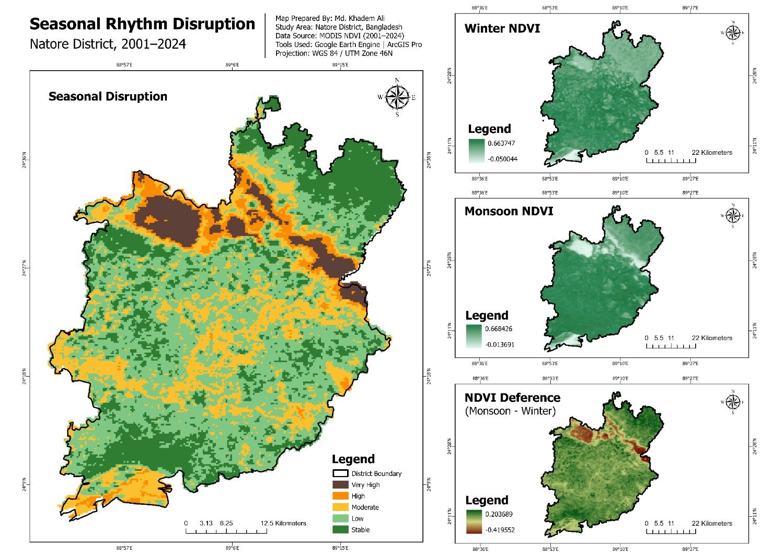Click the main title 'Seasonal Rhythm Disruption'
(x=142, y=25)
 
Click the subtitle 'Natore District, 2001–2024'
(x=108, y=44)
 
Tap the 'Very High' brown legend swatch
(x=340, y=485)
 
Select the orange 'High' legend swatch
(x=340, y=496)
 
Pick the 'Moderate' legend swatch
(x=340, y=507)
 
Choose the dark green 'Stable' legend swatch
(x=340, y=530)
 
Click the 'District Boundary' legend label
(x=376, y=473)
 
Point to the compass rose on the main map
(x=397, y=97)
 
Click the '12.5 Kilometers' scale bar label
(x=283, y=523)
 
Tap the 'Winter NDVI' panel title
(x=502, y=28)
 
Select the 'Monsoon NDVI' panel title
(x=509, y=211)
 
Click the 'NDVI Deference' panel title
(x=512, y=398)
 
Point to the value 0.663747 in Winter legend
(x=501, y=143)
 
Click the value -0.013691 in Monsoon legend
(x=500, y=344)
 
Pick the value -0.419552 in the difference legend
(x=500, y=529)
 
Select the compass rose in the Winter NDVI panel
(x=733, y=32)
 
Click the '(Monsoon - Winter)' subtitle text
(x=510, y=411)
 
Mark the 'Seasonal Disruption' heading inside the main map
(x=108, y=97)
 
